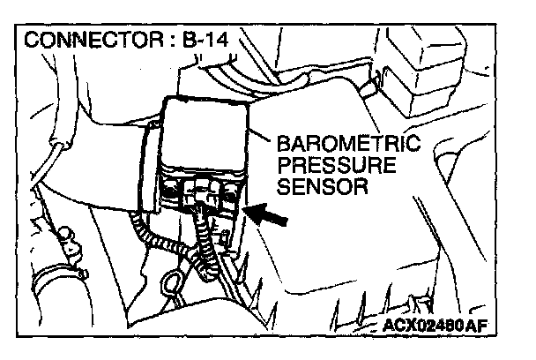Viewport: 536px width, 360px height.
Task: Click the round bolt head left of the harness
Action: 66,235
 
